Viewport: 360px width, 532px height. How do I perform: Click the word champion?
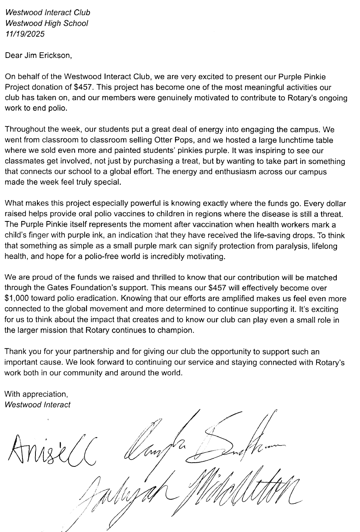(177, 330)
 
